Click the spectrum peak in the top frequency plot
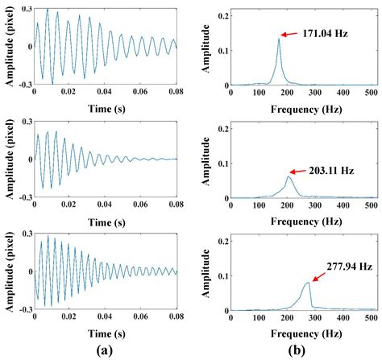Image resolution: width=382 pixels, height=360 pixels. point(279,39)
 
